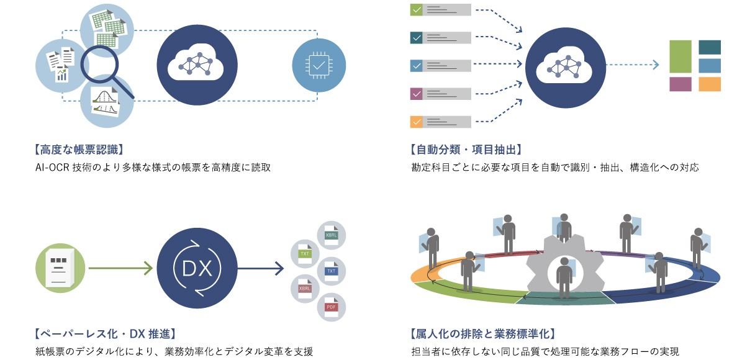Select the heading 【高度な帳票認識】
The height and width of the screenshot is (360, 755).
(x=79, y=150)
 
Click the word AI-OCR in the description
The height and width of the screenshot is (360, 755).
(x=53, y=168)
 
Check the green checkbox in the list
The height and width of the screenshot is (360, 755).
(x=417, y=10)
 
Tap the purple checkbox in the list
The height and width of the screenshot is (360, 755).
(x=417, y=94)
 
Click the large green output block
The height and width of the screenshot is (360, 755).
(x=680, y=56)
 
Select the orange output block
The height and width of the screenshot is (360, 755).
(x=710, y=84)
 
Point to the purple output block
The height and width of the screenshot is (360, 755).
(x=680, y=84)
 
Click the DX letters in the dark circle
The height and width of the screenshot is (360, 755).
(x=197, y=268)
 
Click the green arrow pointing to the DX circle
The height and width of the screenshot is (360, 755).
(x=120, y=268)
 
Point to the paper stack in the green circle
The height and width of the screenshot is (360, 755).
(x=60, y=268)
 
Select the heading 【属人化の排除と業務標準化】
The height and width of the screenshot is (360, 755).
(x=482, y=335)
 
